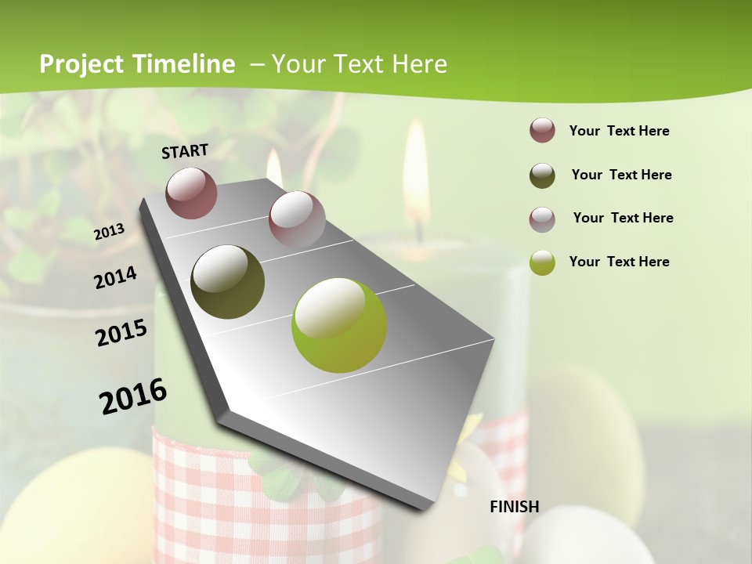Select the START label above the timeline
pyautogui.click(x=185, y=151)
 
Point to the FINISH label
pyautogui.click(x=514, y=507)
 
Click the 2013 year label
pyautogui.click(x=109, y=232)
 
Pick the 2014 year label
pyautogui.click(x=115, y=278)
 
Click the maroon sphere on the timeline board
pyautogui.click(x=191, y=193)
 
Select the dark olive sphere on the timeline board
pyautogui.click(x=227, y=282)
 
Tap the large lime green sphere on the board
pyautogui.click(x=338, y=325)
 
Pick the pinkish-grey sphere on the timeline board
pyautogui.click(x=296, y=219)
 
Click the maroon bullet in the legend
pyautogui.click(x=542, y=130)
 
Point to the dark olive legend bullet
pyautogui.click(x=542, y=175)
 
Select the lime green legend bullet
pyautogui.click(x=542, y=262)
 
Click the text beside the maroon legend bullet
pyautogui.click(x=619, y=131)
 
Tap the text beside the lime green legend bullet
pyautogui.click(x=619, y=262)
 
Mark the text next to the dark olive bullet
pyautogui.click(x=621, y=175)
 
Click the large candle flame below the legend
pyautogui.click(x=416, y=176)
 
